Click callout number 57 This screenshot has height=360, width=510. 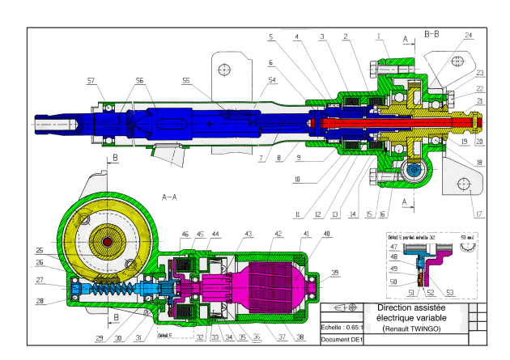pos(91,81)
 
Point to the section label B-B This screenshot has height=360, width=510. pos(432,34)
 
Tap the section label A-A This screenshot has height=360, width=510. pos(169,197)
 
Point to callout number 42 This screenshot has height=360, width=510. pos(278,233)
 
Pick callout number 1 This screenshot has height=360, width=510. pos(378,36)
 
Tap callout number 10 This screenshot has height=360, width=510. pos(297,179)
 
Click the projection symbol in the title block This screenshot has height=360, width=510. pos(343,308)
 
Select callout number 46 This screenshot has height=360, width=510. pos(185,233)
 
